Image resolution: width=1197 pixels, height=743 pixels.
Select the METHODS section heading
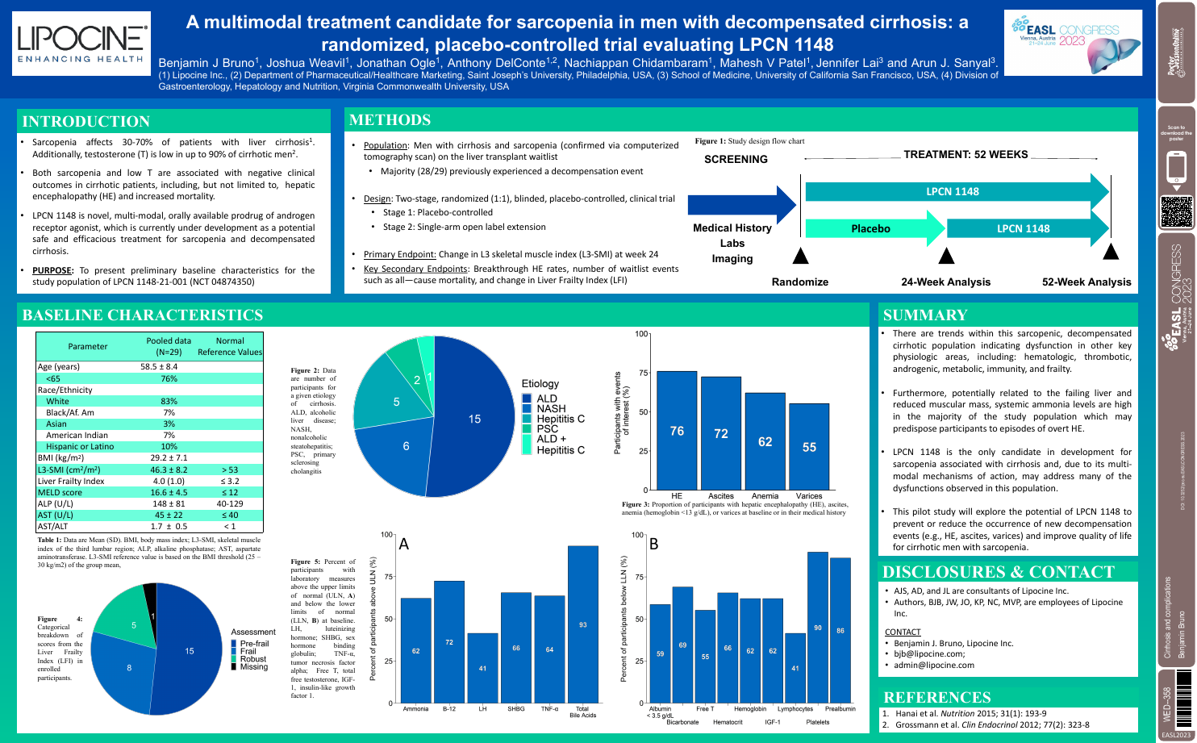[x=390, y=120]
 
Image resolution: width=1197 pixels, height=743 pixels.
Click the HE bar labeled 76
[x=677, y=431]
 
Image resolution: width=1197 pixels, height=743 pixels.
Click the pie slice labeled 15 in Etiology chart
[x=474, y=419]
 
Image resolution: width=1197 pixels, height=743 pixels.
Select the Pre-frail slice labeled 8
[x=129, y=667]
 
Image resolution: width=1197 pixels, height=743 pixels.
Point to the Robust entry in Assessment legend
[x=252, y=659]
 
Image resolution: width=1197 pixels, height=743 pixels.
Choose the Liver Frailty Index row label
[x=71, y=481]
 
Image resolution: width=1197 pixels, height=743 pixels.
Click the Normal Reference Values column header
[x=230, y=346]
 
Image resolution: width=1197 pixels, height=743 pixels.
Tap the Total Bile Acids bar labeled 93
[x=582, y=624]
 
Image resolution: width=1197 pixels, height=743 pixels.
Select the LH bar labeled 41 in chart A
[x=482, y=668]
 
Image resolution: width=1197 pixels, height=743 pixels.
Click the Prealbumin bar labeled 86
[x=840, y=630]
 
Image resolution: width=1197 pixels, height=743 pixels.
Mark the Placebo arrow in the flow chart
[x=871, y=228]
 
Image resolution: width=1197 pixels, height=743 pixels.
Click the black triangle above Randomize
[x=800, y=257]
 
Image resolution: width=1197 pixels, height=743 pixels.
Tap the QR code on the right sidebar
[x=1176, y=211]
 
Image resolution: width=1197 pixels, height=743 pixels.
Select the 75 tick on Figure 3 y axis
[x=643, y=373]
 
